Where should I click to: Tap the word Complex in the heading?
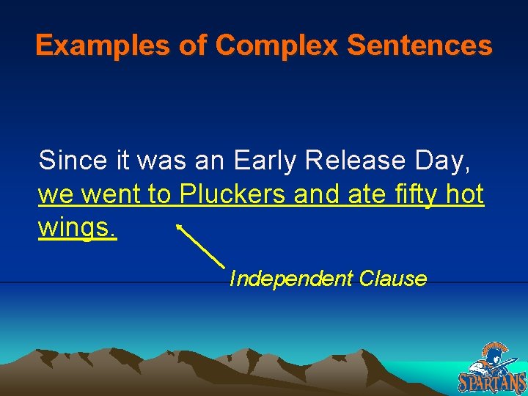point(277,46)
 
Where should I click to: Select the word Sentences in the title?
point(419,46)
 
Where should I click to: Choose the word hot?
point(465,194)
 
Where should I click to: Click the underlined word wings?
point(77,229)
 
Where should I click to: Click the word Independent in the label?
point(290,279)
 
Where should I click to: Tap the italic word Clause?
point(392,279)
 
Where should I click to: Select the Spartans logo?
point(492,368)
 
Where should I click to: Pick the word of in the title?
point(194,46)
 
